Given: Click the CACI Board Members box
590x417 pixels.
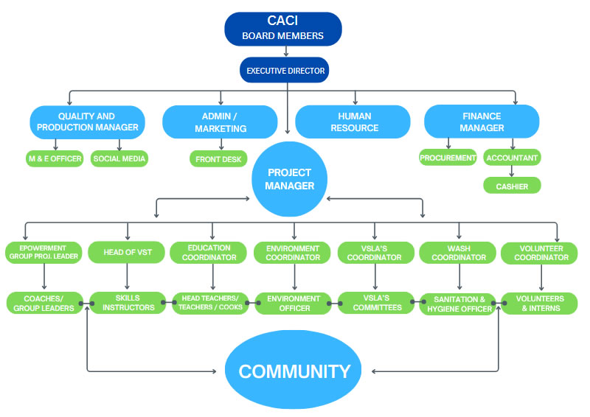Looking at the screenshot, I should pyautogui.click(x=283, y=28).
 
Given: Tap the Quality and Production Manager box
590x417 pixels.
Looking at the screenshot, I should pyautogui.click(x=86, y=122).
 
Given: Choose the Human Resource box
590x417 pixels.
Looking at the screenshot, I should pyautogui.click(x=353, y=122).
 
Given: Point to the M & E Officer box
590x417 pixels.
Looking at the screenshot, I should pyautogui.click(x=55, y=158).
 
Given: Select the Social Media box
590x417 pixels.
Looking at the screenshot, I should pyautogui.click(x=120, y=158).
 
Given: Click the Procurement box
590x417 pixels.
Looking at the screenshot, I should pyautogui.click(x=448, y=157).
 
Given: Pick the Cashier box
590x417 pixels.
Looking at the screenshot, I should pyautogui.click(x=512, y=186).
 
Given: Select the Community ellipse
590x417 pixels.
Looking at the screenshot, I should pyautogui.click(x=294, y=371).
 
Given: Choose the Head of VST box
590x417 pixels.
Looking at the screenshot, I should pyautogui.click(x=128, y=253).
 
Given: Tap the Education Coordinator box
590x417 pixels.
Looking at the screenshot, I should pyautogui.click(x=212, y=253).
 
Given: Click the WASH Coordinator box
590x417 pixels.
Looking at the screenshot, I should pyautogui.click(x=460, y=253).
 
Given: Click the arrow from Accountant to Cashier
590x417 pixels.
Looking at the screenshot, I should pyautogui.click(x=512, y=171).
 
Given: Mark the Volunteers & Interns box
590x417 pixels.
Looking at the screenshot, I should pyautogui.click(x=539, y=303).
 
